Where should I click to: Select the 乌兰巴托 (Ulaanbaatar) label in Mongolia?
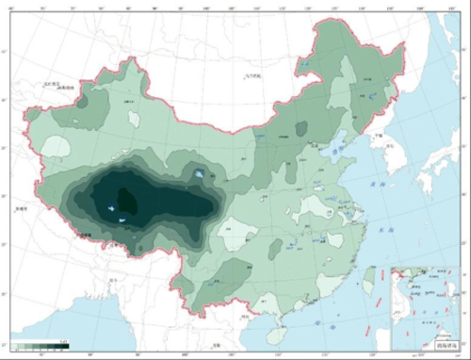[255, 74]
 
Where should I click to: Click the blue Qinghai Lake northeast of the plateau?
[200, 173]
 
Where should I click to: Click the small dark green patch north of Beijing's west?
[301, 128]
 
